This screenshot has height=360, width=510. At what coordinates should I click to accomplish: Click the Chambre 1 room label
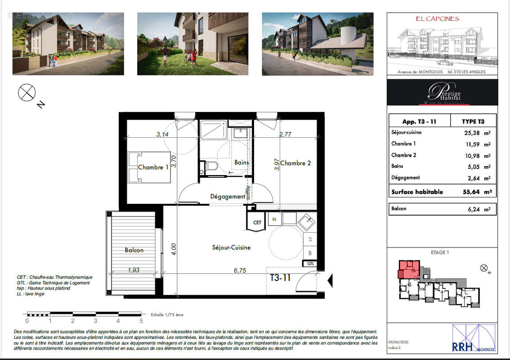[x=153, y=167]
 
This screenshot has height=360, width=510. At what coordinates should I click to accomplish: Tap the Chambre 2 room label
[x=295, y=163]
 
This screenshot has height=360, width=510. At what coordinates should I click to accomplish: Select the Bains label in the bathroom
[x=242, y=162]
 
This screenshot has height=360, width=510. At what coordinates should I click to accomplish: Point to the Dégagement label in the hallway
[x=228, y=197]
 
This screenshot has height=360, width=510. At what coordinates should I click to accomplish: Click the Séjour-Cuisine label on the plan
[x=231, y=247]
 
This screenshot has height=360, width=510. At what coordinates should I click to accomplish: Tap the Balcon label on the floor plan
[x=134, y=250]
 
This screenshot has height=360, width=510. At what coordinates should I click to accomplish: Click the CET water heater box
[x=257, y=222]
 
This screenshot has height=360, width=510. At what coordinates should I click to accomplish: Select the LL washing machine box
[x=273, y=219]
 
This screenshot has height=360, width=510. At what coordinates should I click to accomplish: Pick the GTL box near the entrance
[x=311, y=264]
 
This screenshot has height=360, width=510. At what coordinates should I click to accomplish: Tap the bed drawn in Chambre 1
[x=149, y=167]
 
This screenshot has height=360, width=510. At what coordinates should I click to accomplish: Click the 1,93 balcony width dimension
[x=134, y=270]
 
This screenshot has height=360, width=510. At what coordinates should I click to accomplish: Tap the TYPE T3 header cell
[x=473, y=121]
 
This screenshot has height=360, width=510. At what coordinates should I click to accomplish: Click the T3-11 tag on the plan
[x=280, y=278]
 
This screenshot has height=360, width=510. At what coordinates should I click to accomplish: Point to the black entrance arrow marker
[x=330, y=280]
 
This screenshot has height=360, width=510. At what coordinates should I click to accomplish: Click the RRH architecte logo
[x=474, y=338]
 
